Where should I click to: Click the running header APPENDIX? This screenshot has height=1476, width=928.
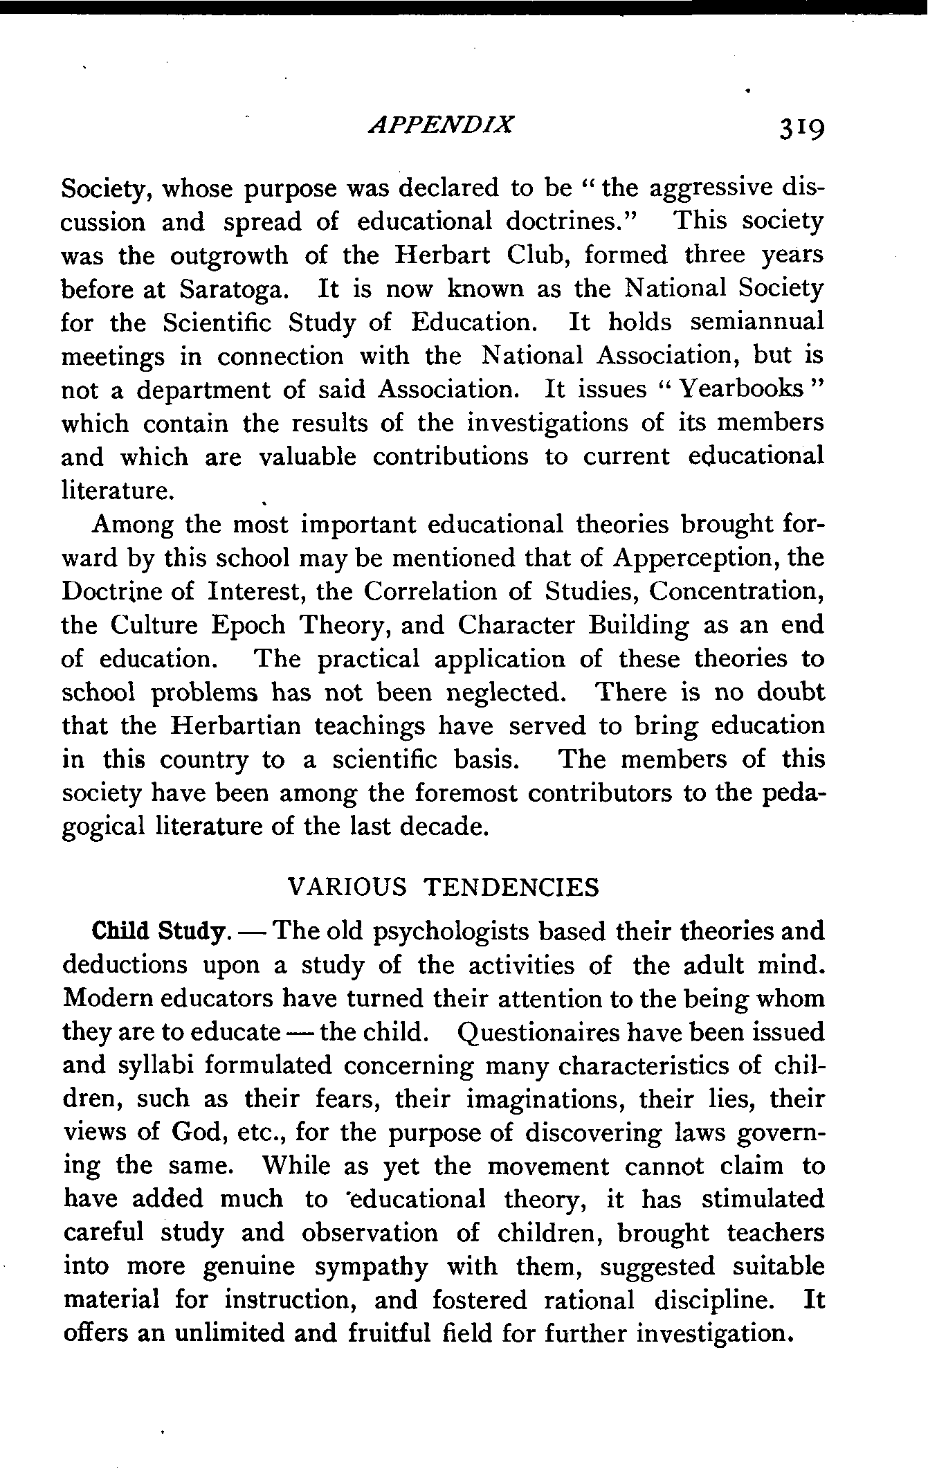click(442, 125)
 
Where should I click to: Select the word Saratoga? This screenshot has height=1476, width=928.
click(231, 289)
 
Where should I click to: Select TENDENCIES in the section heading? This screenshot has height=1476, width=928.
click(511, 888)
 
